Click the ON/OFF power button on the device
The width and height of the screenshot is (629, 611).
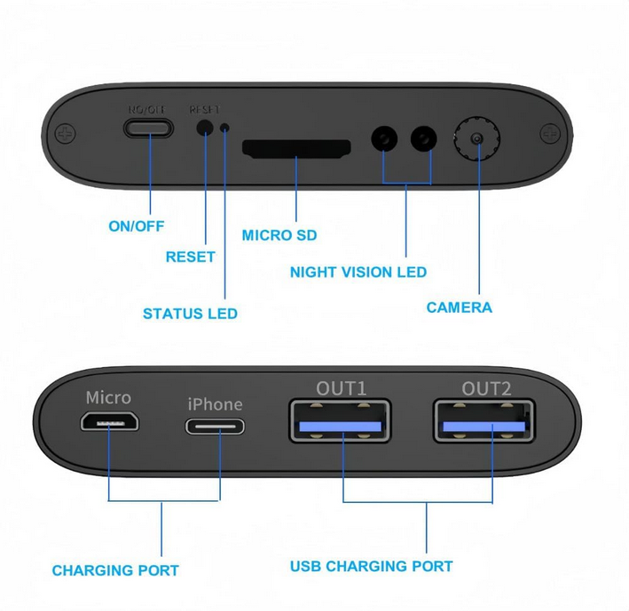pos(148,128)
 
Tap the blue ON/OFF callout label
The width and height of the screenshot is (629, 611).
pos(137,226)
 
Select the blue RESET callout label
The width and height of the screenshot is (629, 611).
pos(190,257)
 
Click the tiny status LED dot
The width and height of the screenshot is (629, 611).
pos(225,129)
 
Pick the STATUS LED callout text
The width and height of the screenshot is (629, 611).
pos(190,314)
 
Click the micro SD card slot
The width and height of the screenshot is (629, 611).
pos(296,148)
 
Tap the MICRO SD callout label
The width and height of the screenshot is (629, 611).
pos(279,236)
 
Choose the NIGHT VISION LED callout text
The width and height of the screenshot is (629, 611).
pos(358,272)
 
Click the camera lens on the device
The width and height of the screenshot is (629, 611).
pos(477,139)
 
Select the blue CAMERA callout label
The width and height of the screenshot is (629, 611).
pos(459,308)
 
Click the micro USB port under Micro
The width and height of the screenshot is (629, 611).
pos(110,423)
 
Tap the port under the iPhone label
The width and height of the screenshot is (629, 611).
pos(215,426)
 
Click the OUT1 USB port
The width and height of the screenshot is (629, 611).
pos(340,422)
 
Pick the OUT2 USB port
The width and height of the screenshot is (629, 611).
pos(484,423)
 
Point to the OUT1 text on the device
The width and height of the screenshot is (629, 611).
pos(342,388)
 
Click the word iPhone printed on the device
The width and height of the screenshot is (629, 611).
pos(215,404)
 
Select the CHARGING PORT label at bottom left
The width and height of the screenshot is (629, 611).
pos(115,570)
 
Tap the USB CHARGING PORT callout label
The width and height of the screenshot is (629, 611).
pos(372,566)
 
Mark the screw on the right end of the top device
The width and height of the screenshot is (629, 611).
pos(550,133)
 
